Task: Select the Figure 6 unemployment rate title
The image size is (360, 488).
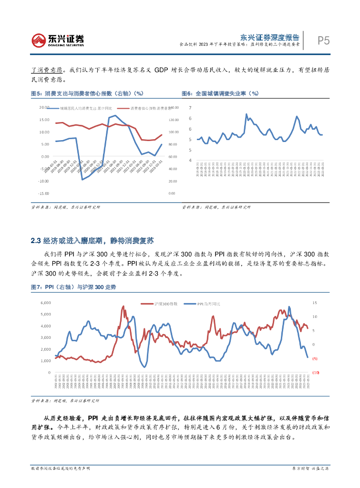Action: coord(220,93)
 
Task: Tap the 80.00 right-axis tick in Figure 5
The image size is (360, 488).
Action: coord(173,144)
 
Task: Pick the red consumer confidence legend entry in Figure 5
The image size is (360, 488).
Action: coord(148,109)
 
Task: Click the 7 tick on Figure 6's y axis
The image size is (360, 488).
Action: coord(190,108)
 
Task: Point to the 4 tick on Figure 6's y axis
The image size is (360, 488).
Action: coord(190,161)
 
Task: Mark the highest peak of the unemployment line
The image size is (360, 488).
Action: coord(247,114)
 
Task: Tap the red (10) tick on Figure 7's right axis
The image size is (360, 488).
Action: coord(315,373)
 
